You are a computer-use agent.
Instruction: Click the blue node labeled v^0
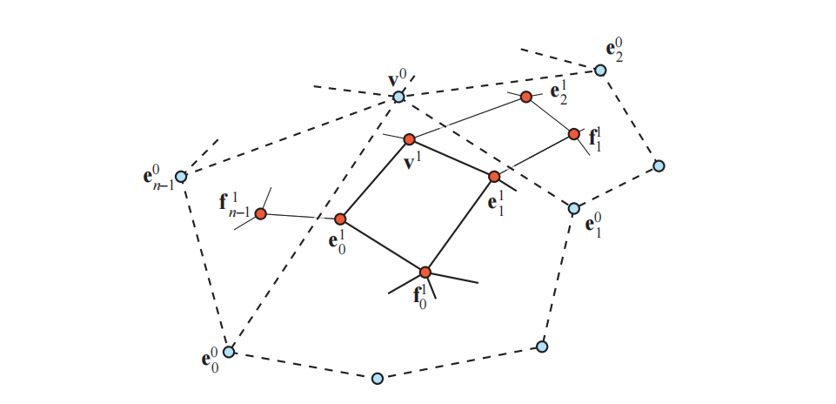[x=398, y=97]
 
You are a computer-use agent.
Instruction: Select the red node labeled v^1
[x=410, y=139]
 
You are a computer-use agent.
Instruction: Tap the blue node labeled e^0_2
[x=600, y=70]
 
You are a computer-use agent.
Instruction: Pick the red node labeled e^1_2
[x=526, y=97]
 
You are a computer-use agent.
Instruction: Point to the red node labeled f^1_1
[x=574, y=134]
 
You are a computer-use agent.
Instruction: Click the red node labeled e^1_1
[x=494, y=177]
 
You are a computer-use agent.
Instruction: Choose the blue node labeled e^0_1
[x=574, y=208]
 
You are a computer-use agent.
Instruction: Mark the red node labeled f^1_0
[x=425, y=273]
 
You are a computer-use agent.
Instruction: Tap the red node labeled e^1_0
[x=340, y=219]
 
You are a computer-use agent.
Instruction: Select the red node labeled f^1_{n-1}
[x=261, y=213]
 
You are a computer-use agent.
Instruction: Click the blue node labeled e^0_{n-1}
[x=181, y=177]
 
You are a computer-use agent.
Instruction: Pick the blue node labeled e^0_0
[x=229, y=352]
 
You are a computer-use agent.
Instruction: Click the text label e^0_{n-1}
[x=157, y=178]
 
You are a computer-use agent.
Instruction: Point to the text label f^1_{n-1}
[x=235, y=205]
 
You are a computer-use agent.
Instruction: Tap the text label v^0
[x=397, y=79]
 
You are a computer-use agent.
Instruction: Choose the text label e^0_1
[x=594, y=226]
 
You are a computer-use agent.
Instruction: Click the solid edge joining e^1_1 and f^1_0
[x=459, y=225]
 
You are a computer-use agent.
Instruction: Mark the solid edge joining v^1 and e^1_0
[x=375, y=179]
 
